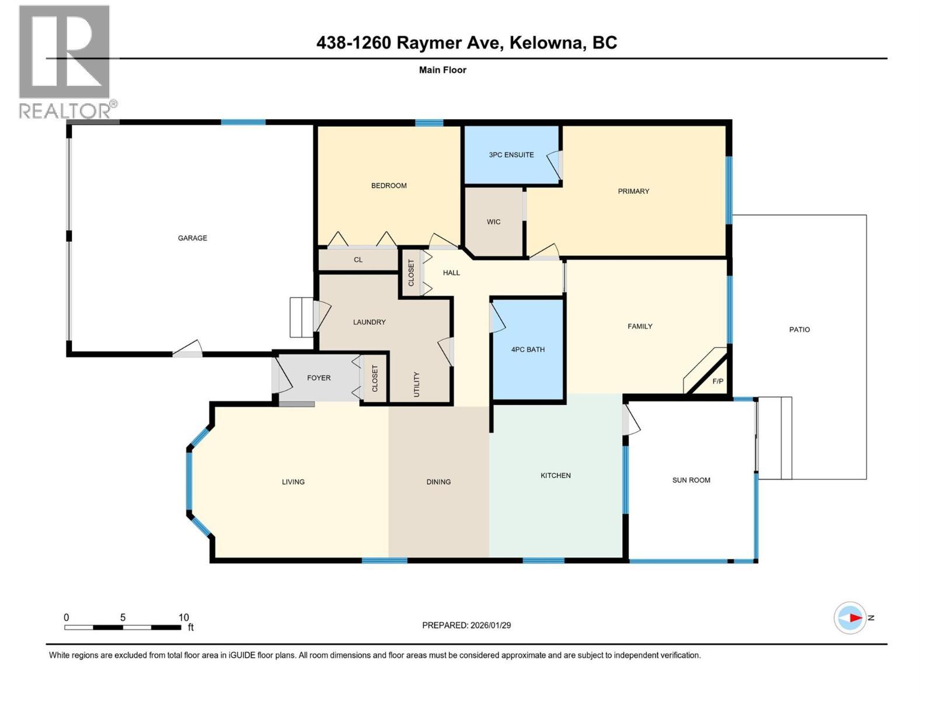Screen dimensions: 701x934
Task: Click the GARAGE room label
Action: click(193, 238)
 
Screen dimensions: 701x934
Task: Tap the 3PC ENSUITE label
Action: click(511, 155)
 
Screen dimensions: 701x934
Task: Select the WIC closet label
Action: click(494, 222)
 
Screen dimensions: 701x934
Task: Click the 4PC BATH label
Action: click(528, 349)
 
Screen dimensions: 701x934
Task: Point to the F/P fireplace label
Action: click(718, 381)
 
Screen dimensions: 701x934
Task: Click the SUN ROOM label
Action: click(691, 480)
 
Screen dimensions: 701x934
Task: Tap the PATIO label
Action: click(799, 329)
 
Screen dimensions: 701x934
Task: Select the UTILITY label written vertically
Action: click(417, 384)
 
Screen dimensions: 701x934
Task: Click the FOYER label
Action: click(319, 378)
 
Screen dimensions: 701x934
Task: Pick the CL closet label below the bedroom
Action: click(358, 260)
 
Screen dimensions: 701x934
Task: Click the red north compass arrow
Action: click(855, 617)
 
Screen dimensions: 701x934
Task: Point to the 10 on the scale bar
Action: click(183, 617)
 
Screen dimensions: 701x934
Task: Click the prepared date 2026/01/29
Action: click(490, 625)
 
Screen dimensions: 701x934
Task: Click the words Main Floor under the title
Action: click(442, 70)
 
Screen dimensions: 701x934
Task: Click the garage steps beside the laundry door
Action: click(302, 317)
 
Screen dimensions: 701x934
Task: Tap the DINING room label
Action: click(438, 482)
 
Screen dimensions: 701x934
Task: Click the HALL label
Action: click(451, 273)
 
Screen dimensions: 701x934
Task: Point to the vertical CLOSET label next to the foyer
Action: click(375, 379)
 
